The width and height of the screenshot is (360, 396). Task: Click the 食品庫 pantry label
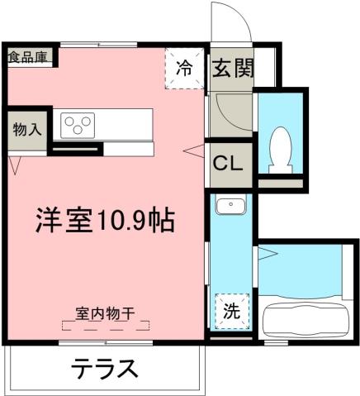point(28,57)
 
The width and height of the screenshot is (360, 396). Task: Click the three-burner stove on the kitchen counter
point(79,124)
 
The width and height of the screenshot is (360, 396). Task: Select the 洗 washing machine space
point(232,313)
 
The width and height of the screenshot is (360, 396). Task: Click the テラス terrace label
point(103,367)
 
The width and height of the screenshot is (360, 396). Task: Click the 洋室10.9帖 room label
point(103,220)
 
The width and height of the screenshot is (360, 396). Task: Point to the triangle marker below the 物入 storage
point(14,165)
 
